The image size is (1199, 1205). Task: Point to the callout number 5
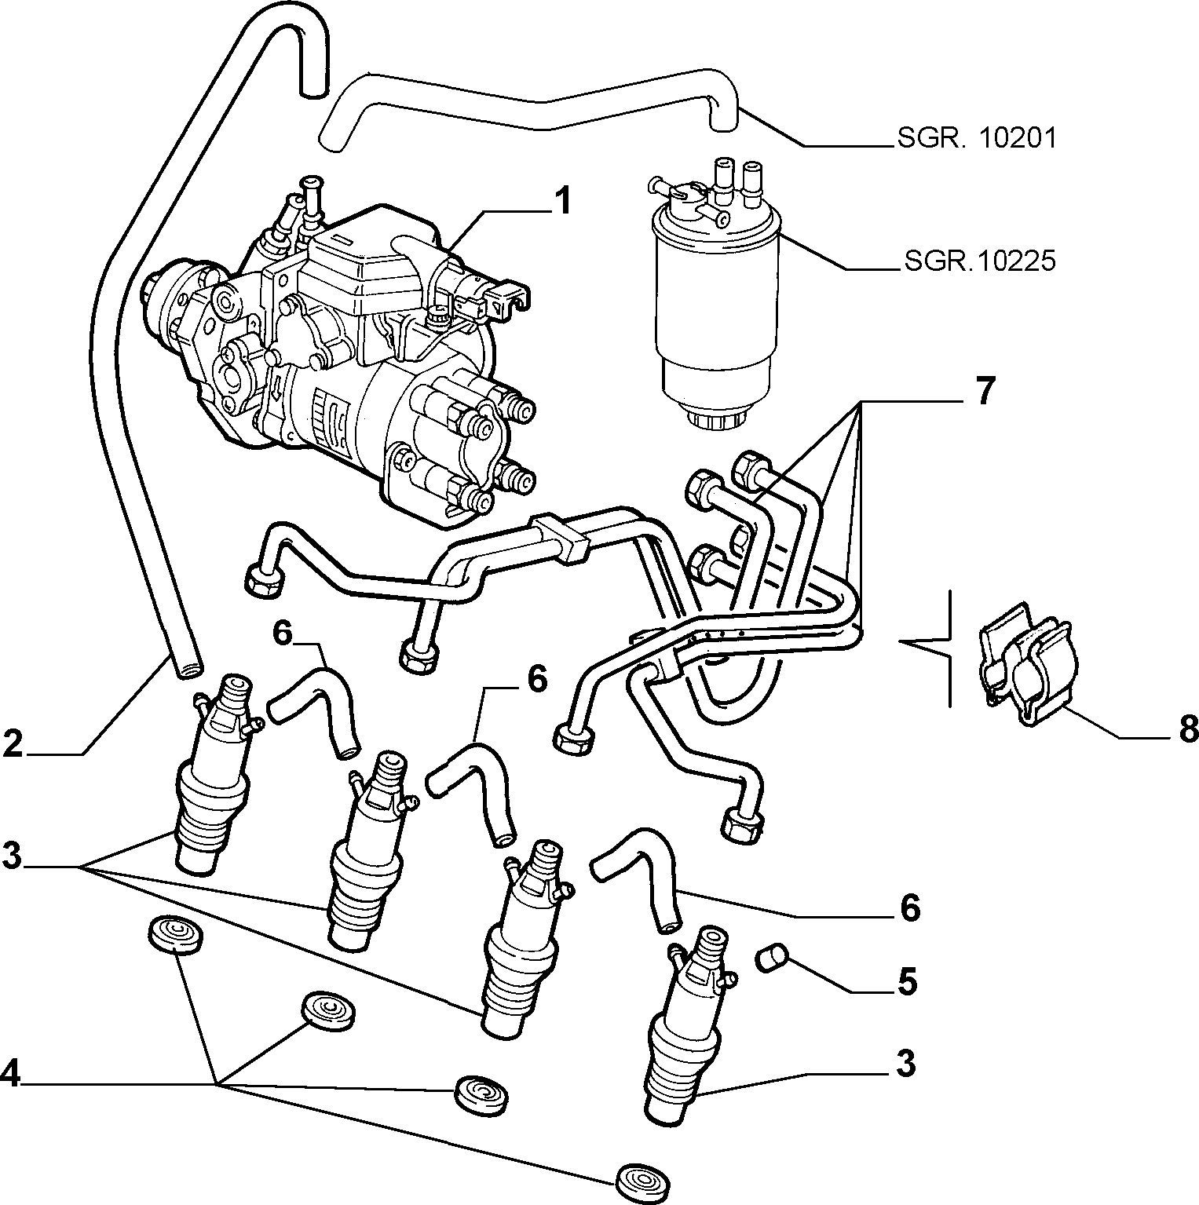pos(907,982)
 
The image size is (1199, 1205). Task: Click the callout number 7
pos(985,390)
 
